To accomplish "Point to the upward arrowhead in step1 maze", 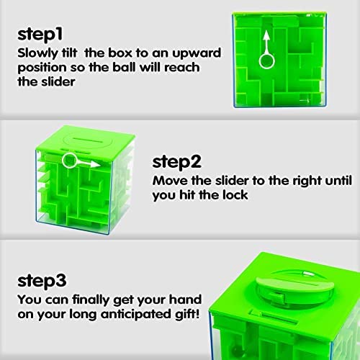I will click(x=267, y=34).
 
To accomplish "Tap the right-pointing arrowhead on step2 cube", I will click(x=99, y=163).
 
